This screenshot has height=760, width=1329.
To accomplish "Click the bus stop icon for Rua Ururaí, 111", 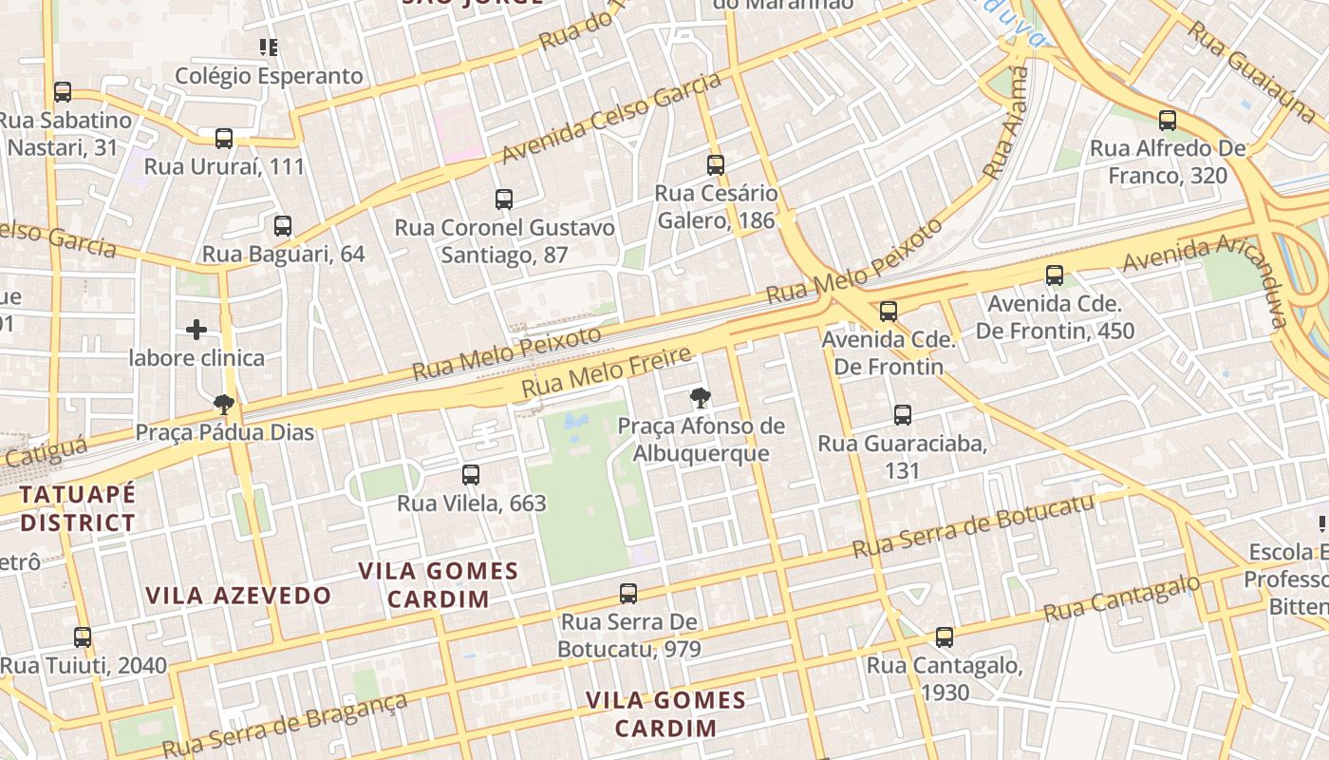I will coord(224,139).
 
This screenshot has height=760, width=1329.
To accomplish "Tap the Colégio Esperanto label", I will coord(270,76).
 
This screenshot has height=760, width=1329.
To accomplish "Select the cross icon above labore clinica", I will coord(197,330).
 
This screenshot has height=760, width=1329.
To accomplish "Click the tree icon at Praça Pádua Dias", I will coord(224,405).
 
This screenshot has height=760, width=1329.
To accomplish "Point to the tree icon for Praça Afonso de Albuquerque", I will coord(701,397).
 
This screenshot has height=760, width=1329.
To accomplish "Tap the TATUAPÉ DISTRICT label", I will coord(78,508).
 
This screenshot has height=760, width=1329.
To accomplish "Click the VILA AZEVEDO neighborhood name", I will coord(237,596).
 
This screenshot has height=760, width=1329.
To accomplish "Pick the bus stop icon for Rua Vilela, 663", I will coord(471,475).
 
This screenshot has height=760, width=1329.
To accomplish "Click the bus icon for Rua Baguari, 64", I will coord(283,226).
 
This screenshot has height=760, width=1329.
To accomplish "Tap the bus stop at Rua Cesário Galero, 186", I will coord(716,165).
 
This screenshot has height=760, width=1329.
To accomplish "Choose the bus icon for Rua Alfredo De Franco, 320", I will coord(1168,121).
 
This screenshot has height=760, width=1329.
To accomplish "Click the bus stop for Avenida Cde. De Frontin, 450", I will coord(1055,275).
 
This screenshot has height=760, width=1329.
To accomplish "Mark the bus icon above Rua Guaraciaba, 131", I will coord(903,414).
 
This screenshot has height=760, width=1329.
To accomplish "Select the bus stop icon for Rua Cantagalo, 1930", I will coord(944,637).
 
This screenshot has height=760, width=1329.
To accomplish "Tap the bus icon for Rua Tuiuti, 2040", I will coord(83,637).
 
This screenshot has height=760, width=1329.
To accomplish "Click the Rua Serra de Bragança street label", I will coord(285,726).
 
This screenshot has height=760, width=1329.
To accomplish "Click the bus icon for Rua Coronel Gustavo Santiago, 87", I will coord(504,199).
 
